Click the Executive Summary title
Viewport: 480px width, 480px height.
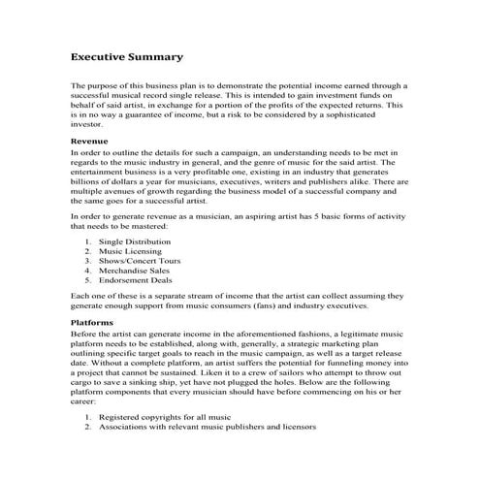coord(127,57)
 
